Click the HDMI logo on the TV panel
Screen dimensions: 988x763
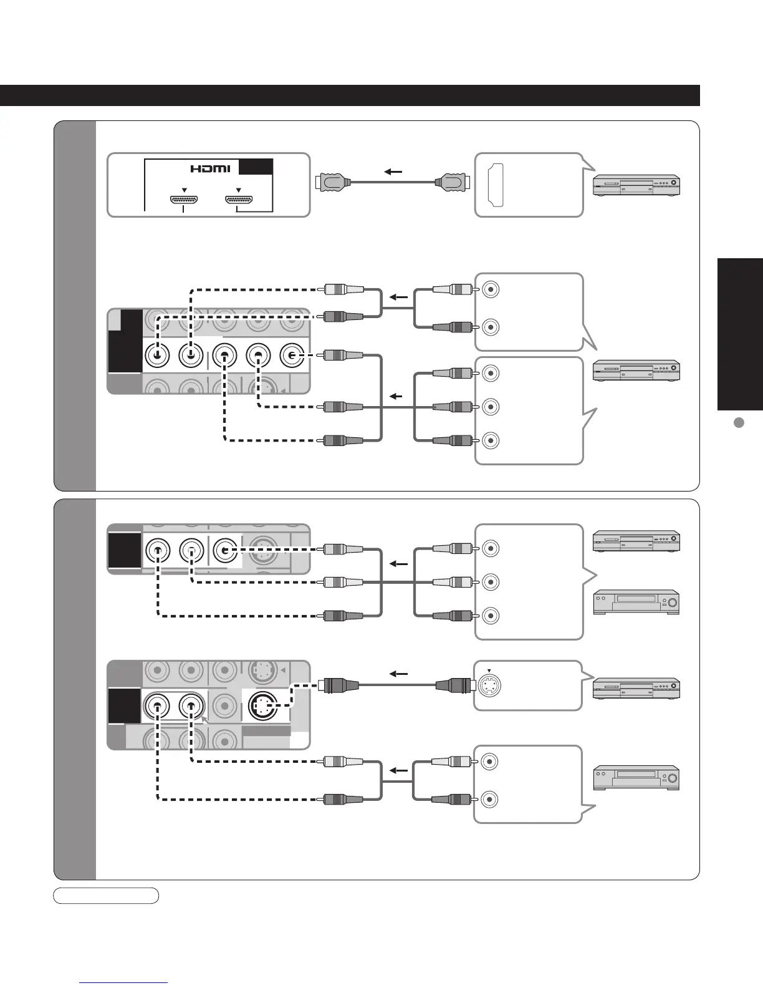(210, 168)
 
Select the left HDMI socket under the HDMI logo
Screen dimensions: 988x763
(184, 200)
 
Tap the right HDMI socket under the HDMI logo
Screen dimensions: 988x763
(239, 200)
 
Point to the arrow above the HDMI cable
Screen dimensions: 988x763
(392, 172)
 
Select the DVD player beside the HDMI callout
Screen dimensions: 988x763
(636, 186)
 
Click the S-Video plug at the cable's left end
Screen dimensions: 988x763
(338, 685)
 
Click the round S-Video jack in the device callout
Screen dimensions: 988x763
(489, 685)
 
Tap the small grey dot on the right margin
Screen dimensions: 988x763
(739, 422)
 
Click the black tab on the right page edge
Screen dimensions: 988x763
(740, 334)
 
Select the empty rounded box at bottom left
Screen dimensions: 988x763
(106, 896)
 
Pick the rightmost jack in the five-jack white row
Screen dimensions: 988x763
(292, 356)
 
